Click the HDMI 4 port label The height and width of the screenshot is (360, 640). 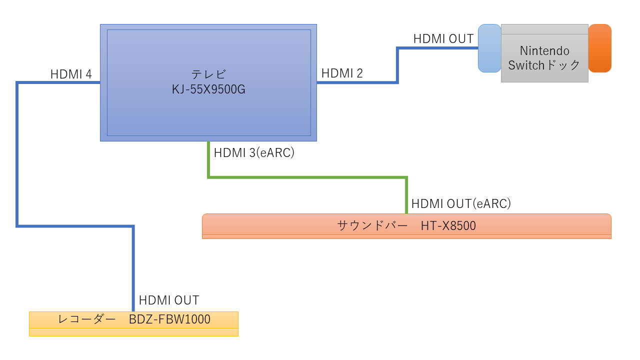71,74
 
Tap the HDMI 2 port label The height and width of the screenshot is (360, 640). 342,73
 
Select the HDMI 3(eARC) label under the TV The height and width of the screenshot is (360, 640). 254,152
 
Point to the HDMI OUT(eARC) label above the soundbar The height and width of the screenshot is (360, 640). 461,203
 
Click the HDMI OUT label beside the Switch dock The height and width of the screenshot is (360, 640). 443,39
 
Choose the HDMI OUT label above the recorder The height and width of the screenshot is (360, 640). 169,300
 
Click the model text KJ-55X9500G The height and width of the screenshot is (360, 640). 208,89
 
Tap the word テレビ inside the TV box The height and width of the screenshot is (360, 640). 208,74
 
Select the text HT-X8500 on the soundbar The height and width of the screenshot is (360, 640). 448,225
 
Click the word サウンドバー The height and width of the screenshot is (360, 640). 372,225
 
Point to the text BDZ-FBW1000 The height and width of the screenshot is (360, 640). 169,319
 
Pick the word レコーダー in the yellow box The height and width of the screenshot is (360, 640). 86,319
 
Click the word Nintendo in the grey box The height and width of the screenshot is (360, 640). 544,51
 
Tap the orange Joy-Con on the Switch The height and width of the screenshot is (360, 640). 599,48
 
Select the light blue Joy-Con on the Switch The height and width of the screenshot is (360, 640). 489,48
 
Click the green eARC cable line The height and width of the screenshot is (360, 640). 307,177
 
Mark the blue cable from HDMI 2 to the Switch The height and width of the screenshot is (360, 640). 397,65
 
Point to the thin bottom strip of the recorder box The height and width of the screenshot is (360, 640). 133,332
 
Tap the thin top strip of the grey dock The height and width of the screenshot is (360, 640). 544,29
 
